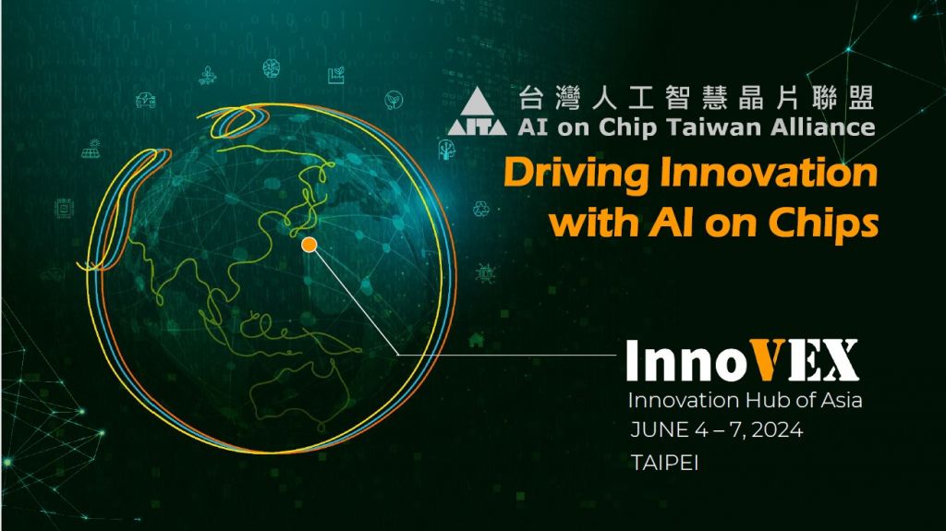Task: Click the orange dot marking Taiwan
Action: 309,245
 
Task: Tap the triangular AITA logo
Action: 478,111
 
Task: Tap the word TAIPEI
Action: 664,463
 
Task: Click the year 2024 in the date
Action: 777,430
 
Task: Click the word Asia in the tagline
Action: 841,400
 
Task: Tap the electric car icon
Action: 145,100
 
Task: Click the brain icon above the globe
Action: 272,68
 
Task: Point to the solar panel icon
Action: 91,149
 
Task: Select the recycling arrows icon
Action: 481,209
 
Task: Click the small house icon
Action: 476,340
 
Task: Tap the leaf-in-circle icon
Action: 394,100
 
